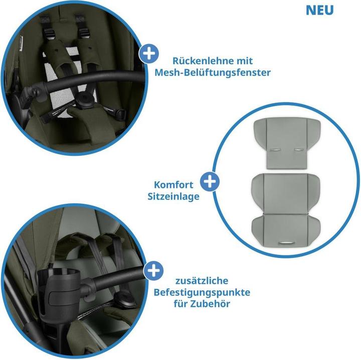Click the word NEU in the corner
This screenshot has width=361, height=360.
[x=319, y=10]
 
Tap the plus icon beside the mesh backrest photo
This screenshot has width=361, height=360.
[x=149, y=54]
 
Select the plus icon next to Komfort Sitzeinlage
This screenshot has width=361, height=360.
[x=210, y=182]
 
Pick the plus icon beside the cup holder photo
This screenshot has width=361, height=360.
[x=153, y=270]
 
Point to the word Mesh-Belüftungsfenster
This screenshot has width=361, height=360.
[x=213, y=73]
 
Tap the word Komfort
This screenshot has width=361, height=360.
[x=173, y=185]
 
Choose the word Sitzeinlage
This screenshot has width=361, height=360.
[x=173, y=197]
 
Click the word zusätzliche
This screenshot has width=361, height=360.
[x=202, y=281]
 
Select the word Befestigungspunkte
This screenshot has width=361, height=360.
[x=202, y=292]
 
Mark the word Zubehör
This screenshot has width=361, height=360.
[x=210, y=304]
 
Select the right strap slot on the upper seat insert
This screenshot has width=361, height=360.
[x=298, y=150]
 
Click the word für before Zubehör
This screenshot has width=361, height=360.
[x=180, y=304]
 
